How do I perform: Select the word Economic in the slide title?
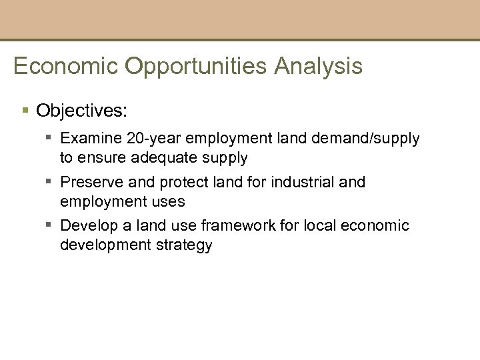tap(64, 67)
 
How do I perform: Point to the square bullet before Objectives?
tap(25, 109)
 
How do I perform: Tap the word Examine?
tap(89, 139)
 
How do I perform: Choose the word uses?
tap(169, 201)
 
